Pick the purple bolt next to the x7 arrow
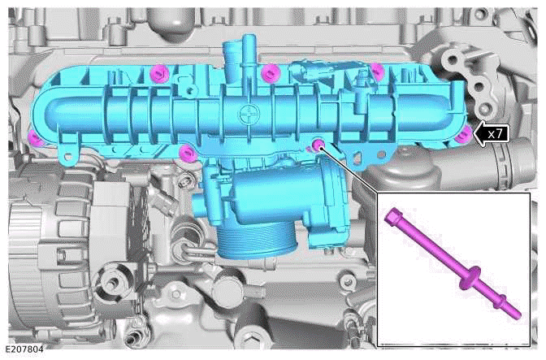pos(461,134)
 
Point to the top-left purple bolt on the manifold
pos(158,73)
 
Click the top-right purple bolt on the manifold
pos(375,71)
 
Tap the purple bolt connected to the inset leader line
pos(318,145)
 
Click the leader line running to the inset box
pos(349,171)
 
